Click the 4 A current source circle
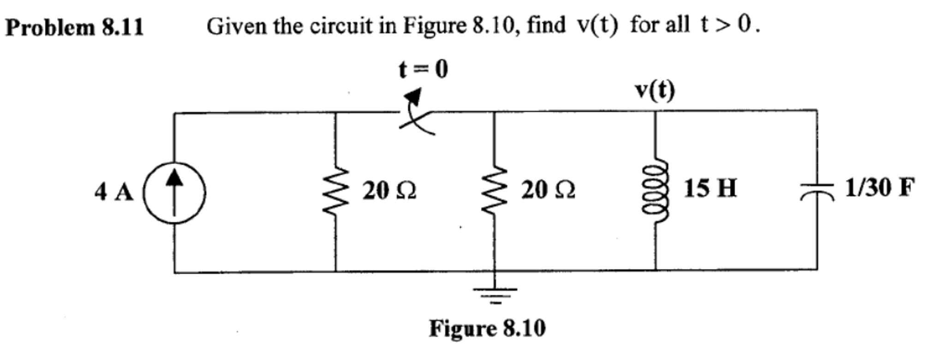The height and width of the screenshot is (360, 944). tap(175, 193)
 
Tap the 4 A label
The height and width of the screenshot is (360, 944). tap(114, 192)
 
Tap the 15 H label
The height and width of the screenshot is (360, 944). tap(710, 188)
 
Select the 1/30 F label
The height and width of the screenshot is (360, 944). tap(879, 187)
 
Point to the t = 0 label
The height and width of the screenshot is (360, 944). tap(423, 70)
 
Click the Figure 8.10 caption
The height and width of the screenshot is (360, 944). tap(487, 329)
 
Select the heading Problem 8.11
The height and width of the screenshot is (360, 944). tap(74, 28)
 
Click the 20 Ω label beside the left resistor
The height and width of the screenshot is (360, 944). tap(389, 191)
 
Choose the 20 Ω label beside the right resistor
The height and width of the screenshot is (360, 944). tap(548, 190)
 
